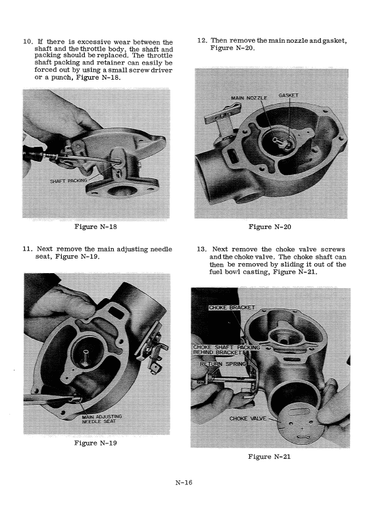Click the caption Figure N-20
(270, 227)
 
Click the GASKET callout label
(288, 95)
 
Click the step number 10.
(27, 43)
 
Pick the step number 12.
(202, 41)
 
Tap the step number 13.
(202, 249)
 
